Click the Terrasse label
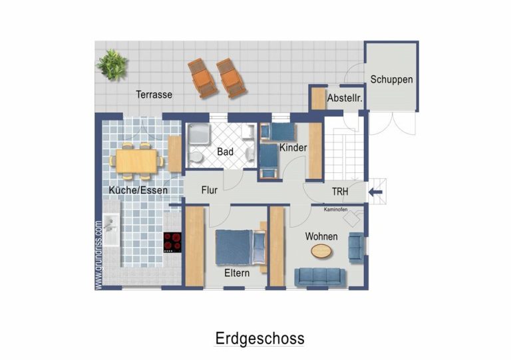point(154,94)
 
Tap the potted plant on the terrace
point(112,65)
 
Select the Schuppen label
point(391,79)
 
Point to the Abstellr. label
point(345,98)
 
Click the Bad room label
point(225,152)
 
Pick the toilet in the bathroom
point(196,158)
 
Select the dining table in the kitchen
point(136,160)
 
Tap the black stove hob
point(172,242)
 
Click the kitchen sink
point(111,230)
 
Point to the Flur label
point(209,190)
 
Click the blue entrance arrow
point(375,192)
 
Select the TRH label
point(340,192)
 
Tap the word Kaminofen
point(335,210)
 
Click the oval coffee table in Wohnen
point(322,251)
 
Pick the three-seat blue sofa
point(320,277)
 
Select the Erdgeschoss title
point(259,339)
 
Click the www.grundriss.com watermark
point(98,255)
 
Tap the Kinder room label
point(293,148)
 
